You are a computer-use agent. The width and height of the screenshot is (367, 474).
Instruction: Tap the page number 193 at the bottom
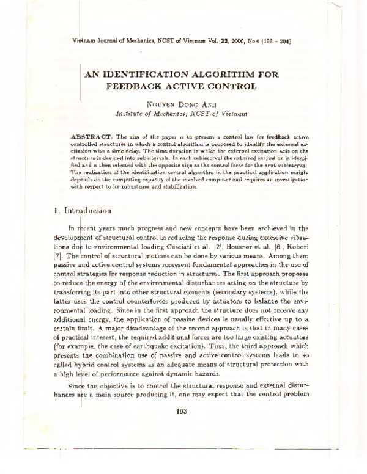[x=181, y=411]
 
